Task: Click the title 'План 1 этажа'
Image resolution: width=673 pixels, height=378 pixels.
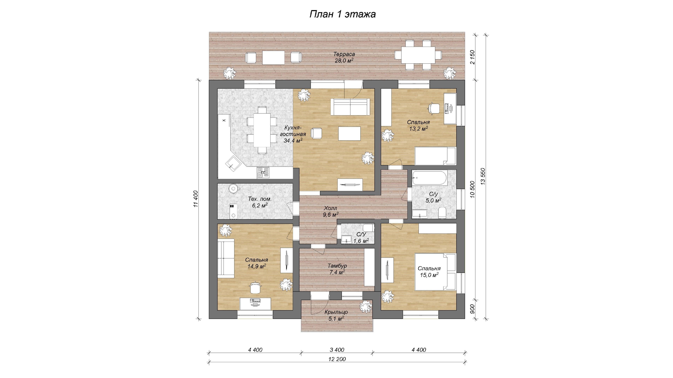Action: click(x=342, y=14)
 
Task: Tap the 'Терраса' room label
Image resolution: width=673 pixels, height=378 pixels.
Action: click(x=344, y=54)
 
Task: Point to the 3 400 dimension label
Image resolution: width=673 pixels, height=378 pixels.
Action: click(x=337, y=350)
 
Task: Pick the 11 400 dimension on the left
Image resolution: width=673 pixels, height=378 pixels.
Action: click(x=196, y=199)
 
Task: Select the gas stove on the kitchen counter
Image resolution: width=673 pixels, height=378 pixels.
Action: click(x=263, y=172)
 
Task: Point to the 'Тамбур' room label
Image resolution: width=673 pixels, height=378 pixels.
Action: click(x=337, y=266)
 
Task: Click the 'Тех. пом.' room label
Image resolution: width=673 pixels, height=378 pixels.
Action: click(x=260, y=199)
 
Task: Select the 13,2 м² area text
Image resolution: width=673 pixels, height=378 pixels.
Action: click(x=419, y=128)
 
